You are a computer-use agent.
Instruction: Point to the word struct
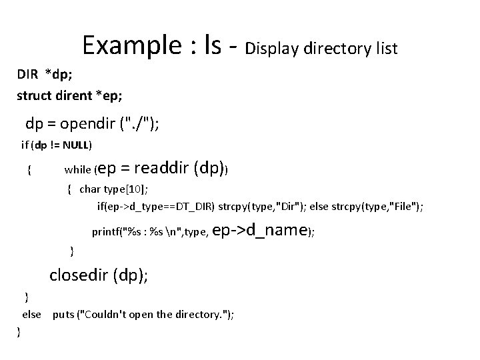point(34,95)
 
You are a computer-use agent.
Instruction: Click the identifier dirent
point(74,95)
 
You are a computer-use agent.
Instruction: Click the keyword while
point(78,170)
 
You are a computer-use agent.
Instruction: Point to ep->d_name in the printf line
point(264,231)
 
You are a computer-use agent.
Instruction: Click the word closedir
point(82,275)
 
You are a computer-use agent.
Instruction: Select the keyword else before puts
point(32,314)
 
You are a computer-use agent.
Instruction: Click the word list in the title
point(385,48)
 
